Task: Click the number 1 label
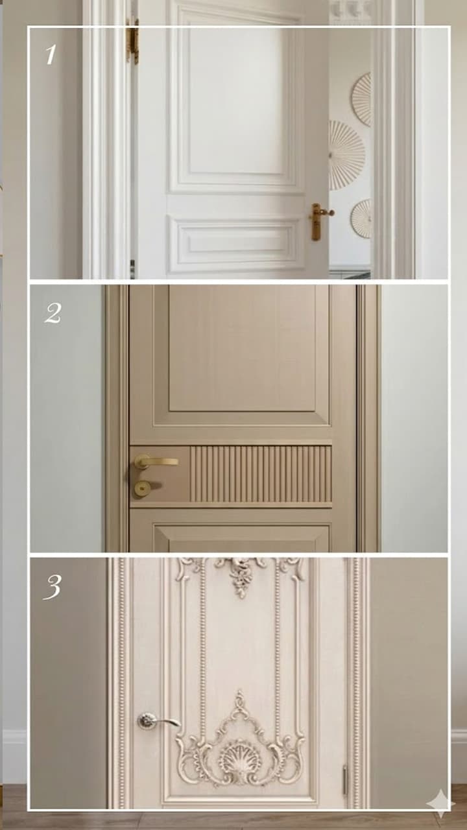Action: tap(51, 54)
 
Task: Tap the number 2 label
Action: tap(53, 313)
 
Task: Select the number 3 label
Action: tap(52, 587)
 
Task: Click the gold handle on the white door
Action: tap(320, 221)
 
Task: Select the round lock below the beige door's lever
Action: tap(142, 488)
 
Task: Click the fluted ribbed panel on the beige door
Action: tap(261, 474)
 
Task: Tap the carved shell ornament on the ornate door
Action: tap(240, 759)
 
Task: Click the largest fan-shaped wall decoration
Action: tap(346, 155)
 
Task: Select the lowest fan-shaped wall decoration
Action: tap(361, 219)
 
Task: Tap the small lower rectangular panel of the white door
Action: tap(235, 239)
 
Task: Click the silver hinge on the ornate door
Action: tap(344, 779)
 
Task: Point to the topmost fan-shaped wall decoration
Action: tap(362, 99)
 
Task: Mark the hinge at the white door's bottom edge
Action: tap(132, 269)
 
